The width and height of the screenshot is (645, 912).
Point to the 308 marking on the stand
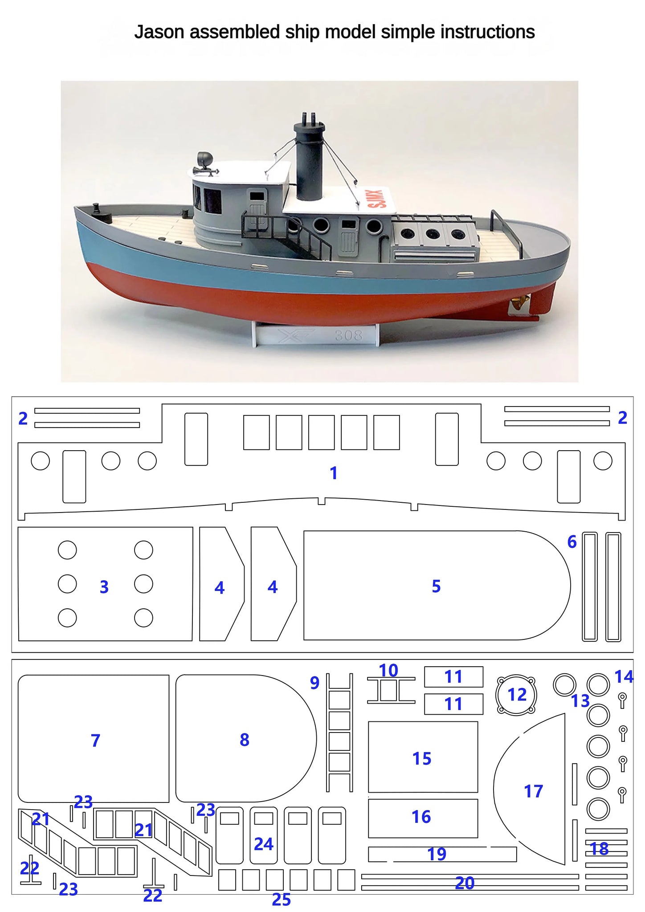click(x=348, y=335)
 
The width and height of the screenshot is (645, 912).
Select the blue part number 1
click(x=334, y=473)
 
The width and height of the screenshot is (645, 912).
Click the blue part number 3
click(x=104, y=587)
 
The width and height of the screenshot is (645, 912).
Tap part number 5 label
click(x=436, y=586)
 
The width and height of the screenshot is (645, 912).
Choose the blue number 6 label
click(x=572, y=541)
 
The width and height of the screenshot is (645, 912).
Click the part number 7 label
click(x=95, y=740)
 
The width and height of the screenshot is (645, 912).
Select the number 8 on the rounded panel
click(x=244, y=740)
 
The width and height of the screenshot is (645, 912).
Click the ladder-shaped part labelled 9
click(x=339, y=732)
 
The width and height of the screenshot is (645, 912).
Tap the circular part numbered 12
click(x=516, y=695)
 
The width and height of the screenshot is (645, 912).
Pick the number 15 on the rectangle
click(x=422, y=758)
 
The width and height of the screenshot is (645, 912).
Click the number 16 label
click(x=421, y=817)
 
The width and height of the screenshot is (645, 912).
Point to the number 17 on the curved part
click(x=533, y=791)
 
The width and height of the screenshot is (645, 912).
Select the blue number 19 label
click(x=437, y=854)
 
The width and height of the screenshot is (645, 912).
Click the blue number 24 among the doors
click(x=263, y=844)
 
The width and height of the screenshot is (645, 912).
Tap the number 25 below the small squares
click(x=281, y=900)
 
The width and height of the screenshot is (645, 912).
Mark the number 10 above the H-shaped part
click(x=388, y=670)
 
